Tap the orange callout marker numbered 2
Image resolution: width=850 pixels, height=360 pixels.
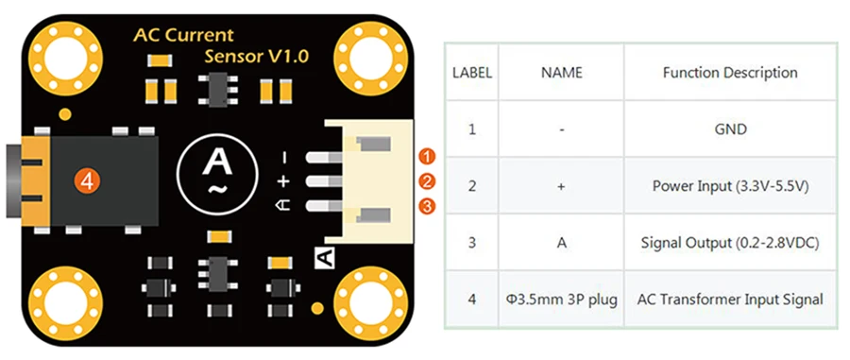click(428, 180)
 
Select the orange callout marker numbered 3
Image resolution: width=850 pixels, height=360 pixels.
click(428, 205)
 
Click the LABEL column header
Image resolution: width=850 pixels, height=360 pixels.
click(471, 72)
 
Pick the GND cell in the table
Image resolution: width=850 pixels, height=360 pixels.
click(730, 129)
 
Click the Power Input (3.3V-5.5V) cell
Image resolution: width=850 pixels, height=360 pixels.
click(730, 185)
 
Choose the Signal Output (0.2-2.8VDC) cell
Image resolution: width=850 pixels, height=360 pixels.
click(730, 243)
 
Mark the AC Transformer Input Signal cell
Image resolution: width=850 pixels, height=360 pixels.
click(730, 300)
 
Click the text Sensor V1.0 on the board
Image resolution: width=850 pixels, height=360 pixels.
click(256, 58)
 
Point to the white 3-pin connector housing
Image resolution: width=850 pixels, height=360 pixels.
click(368, 180)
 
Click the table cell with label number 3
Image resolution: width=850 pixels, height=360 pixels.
click(471, 243)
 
